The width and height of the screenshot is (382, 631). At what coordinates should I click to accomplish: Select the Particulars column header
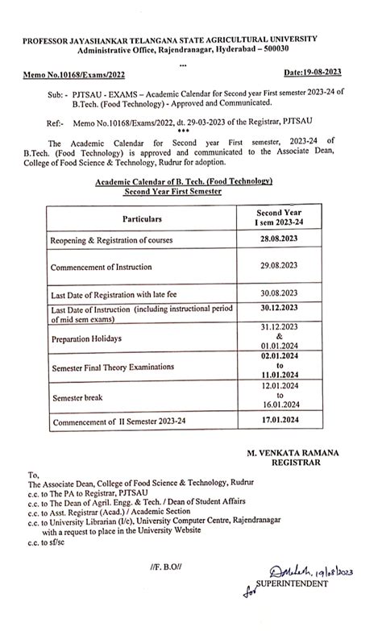(x=142, y=218)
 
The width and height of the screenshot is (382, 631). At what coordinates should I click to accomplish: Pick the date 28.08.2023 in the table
(x=280, y=241)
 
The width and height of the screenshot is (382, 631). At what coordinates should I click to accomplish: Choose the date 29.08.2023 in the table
(x=280, y=265)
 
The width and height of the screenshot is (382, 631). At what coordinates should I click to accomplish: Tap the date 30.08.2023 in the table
(x=280, y=293)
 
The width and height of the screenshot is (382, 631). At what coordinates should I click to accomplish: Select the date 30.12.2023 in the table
(x=280, y=308)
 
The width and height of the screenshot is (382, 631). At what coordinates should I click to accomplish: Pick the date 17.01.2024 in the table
(x=280, y=421)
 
